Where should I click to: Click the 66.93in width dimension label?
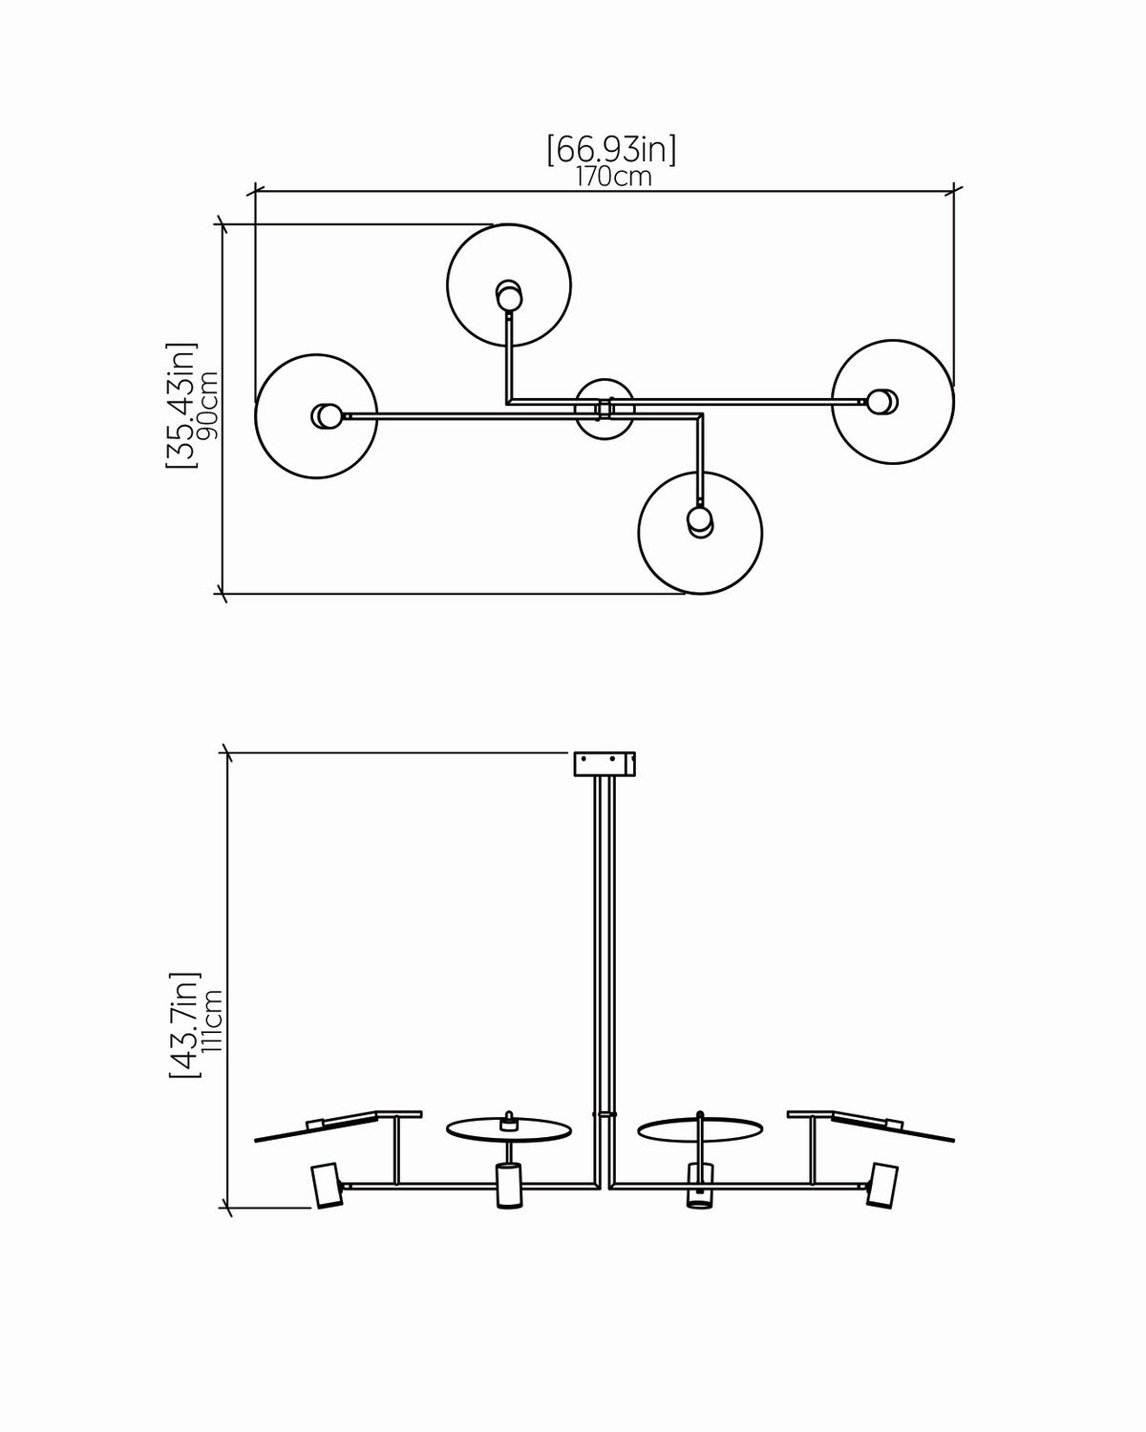(x=611, y=150)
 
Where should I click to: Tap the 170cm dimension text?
(x=614, y=178)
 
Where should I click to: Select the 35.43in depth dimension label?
(x=181, y=405)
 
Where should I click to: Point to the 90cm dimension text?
(x=208, y=405)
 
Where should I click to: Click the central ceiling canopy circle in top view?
(x=605, y=410)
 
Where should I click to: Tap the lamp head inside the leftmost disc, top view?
(x=327, y=416)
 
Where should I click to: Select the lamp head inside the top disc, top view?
(x=509, y=295)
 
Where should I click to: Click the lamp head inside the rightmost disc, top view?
(x=882, y=401)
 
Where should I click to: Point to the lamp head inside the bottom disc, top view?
(x=700, y=521)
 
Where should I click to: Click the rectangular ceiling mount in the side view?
(x=605, y=763)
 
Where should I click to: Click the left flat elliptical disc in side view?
(x=509, y=1129)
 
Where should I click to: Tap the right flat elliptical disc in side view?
(x=700, y=1129)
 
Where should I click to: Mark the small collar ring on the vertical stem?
(x=604, y=1112)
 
